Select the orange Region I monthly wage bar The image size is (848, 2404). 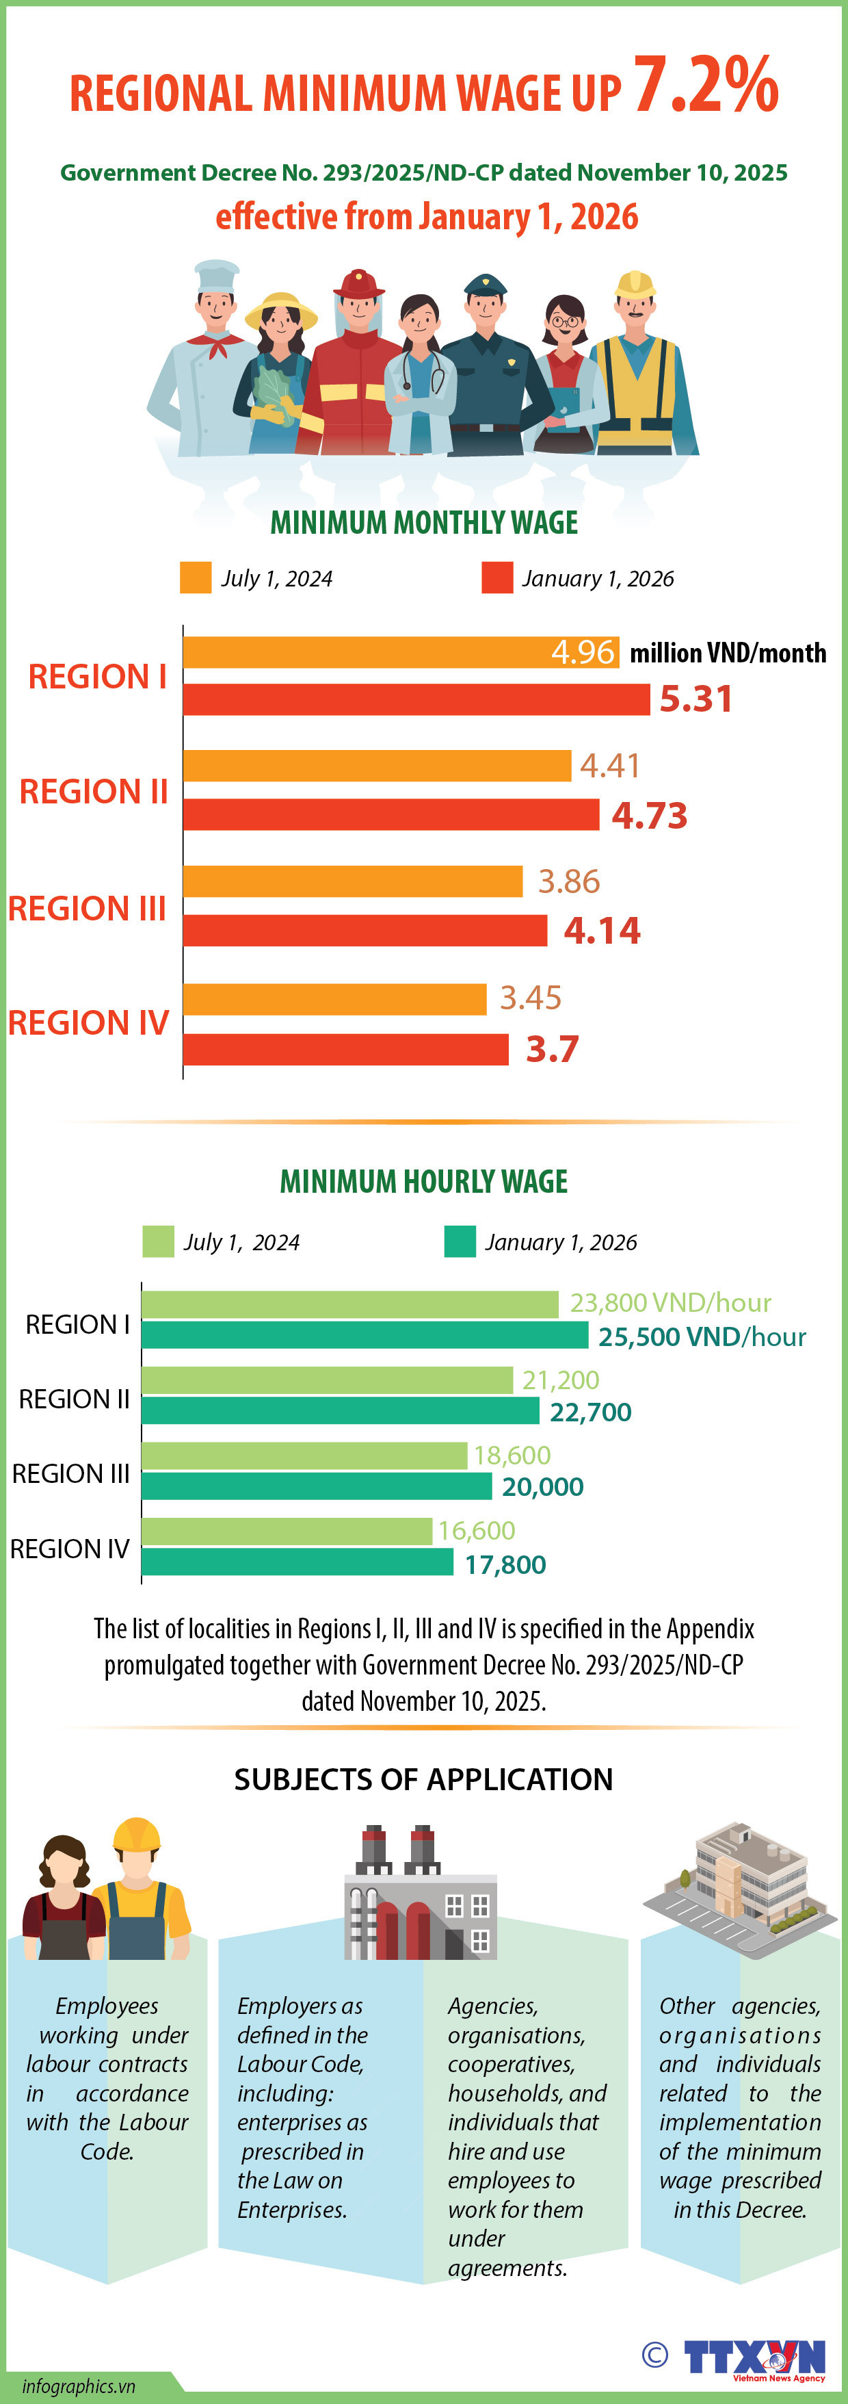pos(373,652)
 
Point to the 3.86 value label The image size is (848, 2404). pos(568,881)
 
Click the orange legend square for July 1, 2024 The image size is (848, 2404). pos(195,578)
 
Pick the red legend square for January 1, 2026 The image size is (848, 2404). pos(497,578)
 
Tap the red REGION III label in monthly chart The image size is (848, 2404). pos(87,908)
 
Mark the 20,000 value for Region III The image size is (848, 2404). pos(542,1486)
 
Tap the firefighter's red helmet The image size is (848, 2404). pos(358,283)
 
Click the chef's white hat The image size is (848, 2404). pos(216,274)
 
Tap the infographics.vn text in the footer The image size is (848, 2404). pos(79,2386)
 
